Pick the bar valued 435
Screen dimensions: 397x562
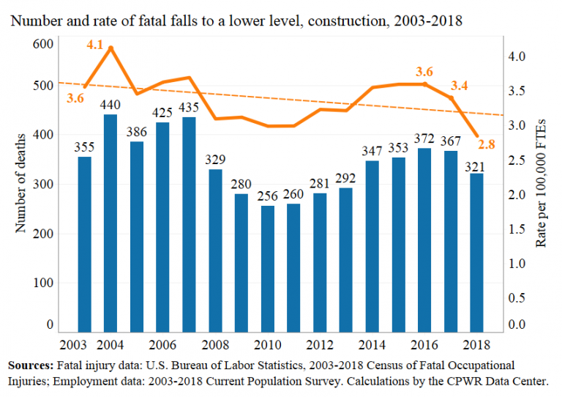[189, 224]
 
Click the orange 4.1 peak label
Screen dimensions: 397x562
[94, 45]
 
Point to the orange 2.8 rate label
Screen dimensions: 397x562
[487, 145]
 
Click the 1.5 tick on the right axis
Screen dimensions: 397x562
[517, 229]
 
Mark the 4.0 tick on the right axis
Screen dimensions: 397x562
[517, 56]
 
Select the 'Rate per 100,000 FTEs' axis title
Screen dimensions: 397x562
[541, 184]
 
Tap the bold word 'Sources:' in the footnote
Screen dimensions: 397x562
[29, 365]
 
